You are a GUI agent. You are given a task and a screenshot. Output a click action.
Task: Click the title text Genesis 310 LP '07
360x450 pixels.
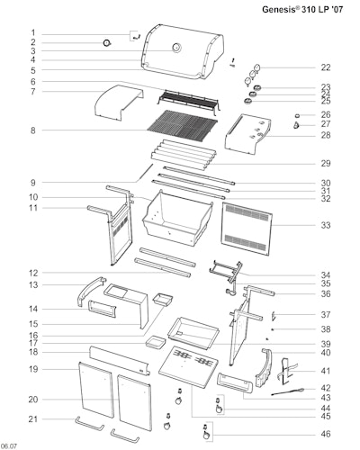tap(302, 9)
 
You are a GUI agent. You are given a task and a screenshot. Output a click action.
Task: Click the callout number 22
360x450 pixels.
tap(326, 67)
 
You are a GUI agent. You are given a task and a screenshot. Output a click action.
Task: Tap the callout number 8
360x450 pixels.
tap(33, 130)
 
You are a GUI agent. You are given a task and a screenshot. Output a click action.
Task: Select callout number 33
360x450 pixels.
tap(326, 225)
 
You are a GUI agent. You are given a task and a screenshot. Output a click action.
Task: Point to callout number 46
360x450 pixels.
tap(326, 434)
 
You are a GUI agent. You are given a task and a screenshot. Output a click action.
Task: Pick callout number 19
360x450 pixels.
tap(33, 369)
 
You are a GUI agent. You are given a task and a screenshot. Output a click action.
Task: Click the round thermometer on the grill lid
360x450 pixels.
tap(176, 48)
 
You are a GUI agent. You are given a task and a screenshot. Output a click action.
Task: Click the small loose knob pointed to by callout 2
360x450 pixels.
tap(107, 43)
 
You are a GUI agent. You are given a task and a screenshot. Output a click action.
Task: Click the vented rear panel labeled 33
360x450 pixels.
tap(247, 229)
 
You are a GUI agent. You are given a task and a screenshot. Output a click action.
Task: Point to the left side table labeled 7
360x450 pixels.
tap(118, 103)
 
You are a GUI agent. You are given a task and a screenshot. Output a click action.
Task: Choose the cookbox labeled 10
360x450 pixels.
tap(177, 218)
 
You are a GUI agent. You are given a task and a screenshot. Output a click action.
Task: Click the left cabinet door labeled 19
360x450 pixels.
tap(96, 390)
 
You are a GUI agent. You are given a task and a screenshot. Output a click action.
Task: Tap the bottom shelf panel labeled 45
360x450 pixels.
tap(188, 366)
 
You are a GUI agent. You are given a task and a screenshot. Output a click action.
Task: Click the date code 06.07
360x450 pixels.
tap(9, 446)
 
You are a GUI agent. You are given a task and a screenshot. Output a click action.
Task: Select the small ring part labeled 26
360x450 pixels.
tap(297, 115)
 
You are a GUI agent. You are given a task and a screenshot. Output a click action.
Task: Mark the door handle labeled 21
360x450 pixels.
tap(90, 424)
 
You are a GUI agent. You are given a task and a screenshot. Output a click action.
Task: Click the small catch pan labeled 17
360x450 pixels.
tap(156, 343)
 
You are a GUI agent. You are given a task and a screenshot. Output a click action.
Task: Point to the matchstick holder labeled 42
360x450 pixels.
tap(287, 391)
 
